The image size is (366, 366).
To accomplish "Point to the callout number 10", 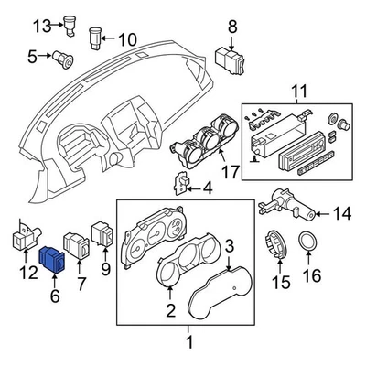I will pos(126,38).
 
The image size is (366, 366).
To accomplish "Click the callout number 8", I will pos(231,27).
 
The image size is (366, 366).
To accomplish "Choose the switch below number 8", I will pos(229,59).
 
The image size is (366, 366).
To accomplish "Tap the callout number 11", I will pos(296,92).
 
